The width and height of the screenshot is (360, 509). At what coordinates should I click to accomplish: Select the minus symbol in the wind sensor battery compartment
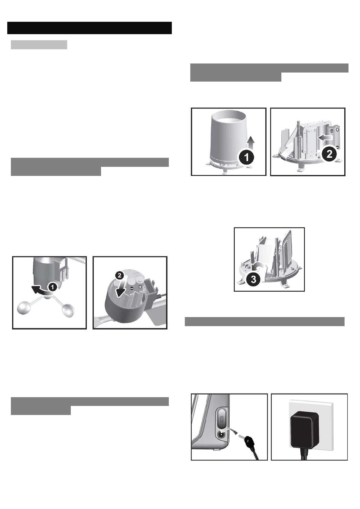[132, 288]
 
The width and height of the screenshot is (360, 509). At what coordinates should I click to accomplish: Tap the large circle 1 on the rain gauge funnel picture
[247, 157]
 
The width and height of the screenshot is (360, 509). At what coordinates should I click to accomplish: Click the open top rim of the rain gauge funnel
[229, 116]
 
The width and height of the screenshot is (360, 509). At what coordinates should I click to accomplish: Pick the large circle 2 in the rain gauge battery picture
[329, 154]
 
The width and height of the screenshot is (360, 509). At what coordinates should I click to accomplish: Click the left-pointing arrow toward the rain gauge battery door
[326, 138]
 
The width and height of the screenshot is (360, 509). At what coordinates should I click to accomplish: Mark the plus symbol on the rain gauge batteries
[337, 129]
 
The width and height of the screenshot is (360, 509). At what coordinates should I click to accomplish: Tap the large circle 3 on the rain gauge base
[253, 280]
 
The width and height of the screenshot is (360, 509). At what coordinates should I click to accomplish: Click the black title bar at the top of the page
[90, 28]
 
